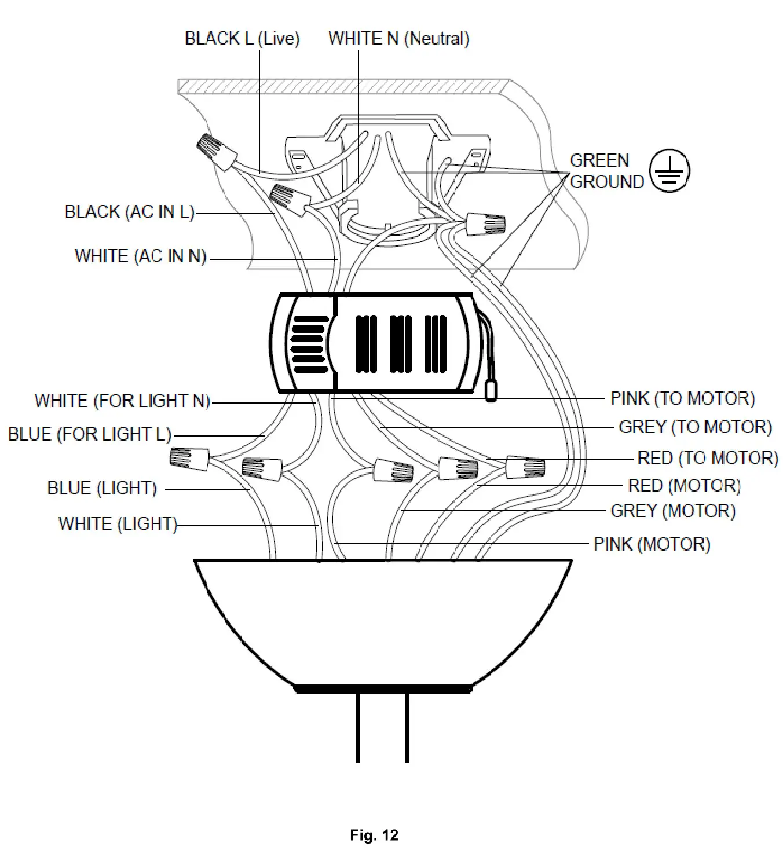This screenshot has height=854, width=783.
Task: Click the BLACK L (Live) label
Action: (242, 39)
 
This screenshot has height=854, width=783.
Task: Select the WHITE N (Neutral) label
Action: (398, 39)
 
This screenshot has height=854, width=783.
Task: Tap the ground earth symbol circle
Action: (669, 171)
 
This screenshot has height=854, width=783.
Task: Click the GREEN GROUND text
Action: (606, 171)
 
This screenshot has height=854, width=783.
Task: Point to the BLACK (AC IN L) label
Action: (129, 212)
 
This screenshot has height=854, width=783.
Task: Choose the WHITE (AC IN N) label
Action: (141, 256)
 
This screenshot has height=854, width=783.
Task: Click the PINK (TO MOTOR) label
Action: (682, 398)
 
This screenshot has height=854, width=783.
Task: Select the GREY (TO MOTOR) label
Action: (695, 427)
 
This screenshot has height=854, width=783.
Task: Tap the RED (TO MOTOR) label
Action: (707, 458)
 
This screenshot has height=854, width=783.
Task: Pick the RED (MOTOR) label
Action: (684, 485)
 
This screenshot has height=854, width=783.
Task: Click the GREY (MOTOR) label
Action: (672, 511)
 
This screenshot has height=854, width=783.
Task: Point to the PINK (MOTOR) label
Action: (652, 544)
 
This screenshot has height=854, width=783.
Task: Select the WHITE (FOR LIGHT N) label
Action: (122, 401)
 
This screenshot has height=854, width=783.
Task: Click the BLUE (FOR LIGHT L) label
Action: (90, 434)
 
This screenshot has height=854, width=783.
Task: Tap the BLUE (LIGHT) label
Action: (102, 488)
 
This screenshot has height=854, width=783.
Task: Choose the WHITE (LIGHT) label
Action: (118, 524)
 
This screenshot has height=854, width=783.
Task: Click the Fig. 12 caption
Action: (374, 835)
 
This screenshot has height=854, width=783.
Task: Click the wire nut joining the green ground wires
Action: (485, 223)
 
